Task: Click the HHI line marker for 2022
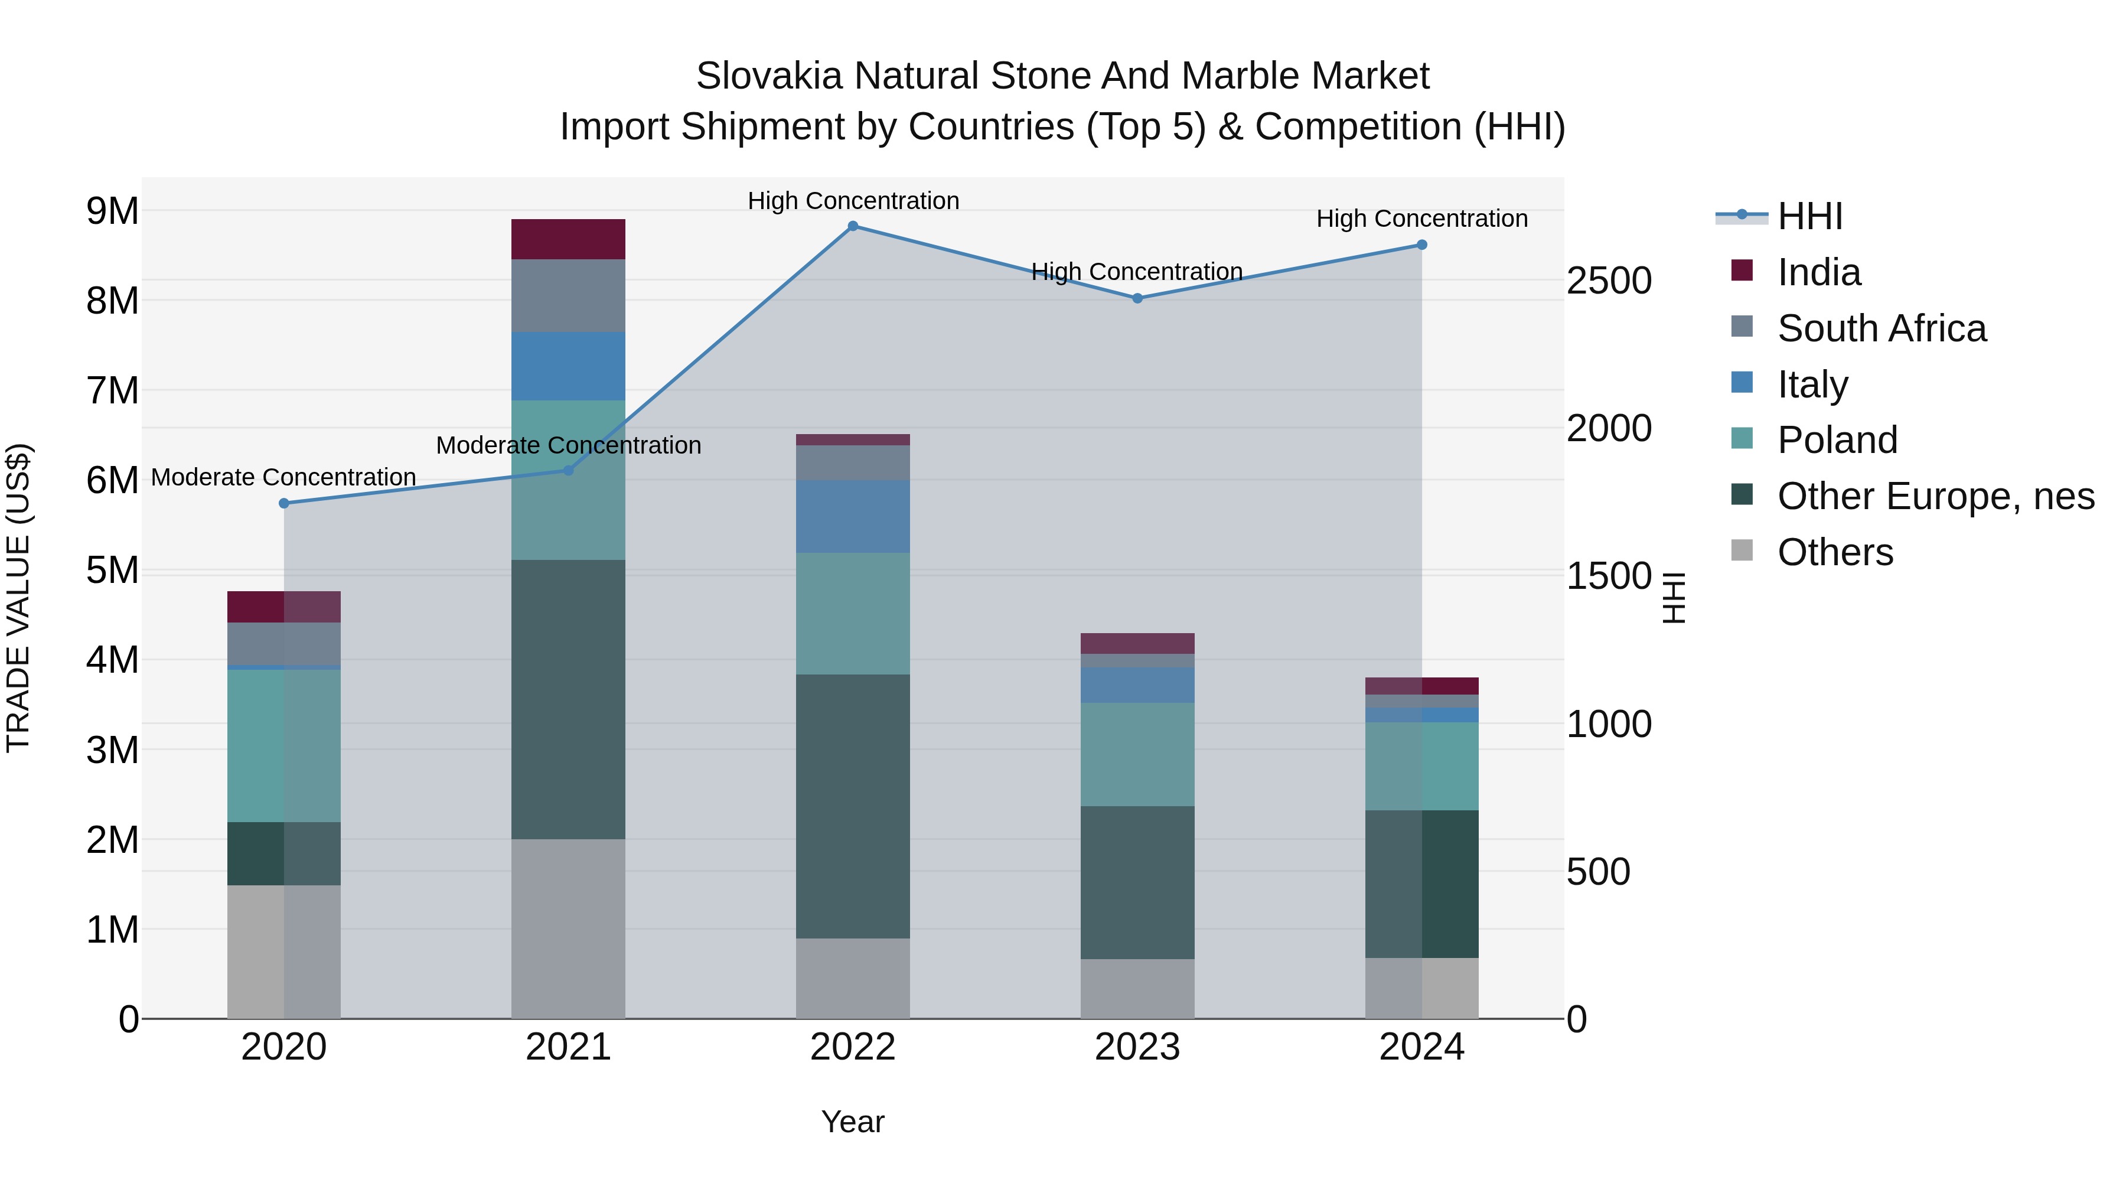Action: [853, 226]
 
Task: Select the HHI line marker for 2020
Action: [284, 503]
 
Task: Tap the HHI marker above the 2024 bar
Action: [1421, 245]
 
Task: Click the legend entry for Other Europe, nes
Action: [1935, 496]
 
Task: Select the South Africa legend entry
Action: [1881, 328]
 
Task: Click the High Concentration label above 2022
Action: [853, 201]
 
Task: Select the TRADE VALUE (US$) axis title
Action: [18, 598]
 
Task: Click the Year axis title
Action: [853, 1122]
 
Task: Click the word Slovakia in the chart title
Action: [768, 76]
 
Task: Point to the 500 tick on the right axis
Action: [1598, 872]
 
